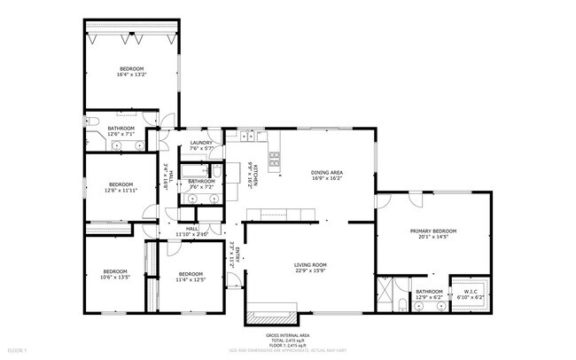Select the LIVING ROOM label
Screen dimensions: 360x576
tap(311, 264)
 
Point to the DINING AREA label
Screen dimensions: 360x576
tap(327, 172)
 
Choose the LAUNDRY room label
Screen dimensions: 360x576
tap(199, 144)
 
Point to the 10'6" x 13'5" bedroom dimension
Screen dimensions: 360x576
tap(116, 278)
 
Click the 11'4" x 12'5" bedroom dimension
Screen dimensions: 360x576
tap(190, 279)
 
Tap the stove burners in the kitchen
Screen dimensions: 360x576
tap(275, 159)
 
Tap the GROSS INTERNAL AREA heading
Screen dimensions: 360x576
tap(287, 335)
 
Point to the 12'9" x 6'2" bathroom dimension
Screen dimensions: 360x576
tap(429, 296)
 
